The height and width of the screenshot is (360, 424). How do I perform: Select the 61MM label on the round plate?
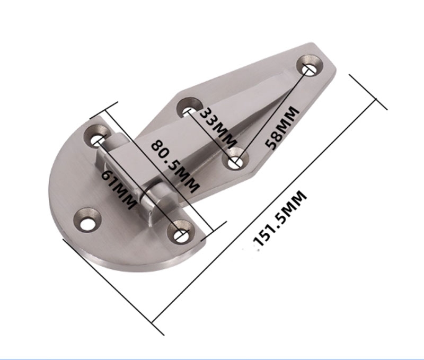pyautogui.click(x=115, y=183)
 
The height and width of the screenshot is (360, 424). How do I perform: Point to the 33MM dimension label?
pyautogui.click(x=217, y=128)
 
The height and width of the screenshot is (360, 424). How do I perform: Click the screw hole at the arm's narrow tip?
pyautogui.click(x=309, y=68)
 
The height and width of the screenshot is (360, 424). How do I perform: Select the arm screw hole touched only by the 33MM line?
pyautogui.click(x=189, y=110)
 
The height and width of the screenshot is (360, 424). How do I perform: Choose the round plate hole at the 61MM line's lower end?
pyautogui.click(x=181, y=233)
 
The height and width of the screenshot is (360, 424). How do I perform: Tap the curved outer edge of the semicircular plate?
pyautogui.click(x=58, y=212)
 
